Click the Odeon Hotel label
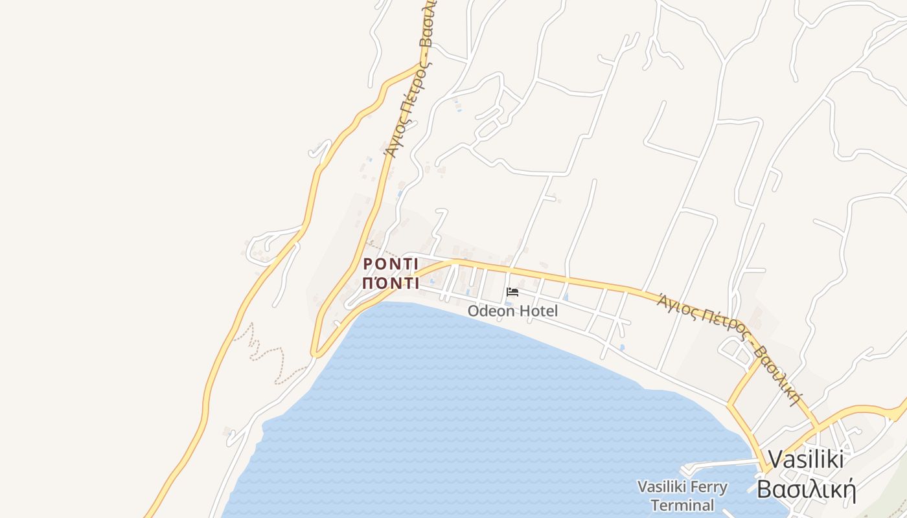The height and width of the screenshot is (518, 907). [x=512, y=311]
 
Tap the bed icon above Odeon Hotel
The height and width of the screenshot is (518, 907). [x=512, y=292]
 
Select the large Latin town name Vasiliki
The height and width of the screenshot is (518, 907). [x=805, y=460]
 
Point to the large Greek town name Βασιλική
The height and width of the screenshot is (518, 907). [x=807, y=490]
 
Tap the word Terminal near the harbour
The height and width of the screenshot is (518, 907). [x=682, y=505]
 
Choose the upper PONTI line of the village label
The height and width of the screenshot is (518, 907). [x=391, y=264]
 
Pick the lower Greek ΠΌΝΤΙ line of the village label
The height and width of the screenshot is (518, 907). [x=391, y=283]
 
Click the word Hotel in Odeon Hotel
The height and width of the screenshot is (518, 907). [x=537, y=311]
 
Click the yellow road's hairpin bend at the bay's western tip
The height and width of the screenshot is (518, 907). [x=315, y=354]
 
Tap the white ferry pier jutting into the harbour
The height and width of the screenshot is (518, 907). [x=719, y=464]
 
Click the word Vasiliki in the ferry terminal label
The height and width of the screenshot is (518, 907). [x=660, y=487]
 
